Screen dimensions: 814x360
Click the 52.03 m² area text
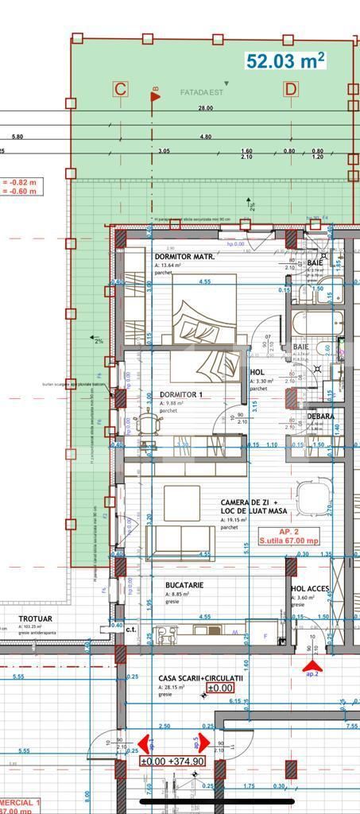(285, 61)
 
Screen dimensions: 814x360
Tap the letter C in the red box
(120, 89)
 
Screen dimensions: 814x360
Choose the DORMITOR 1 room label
(181, 394)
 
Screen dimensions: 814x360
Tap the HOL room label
(257, 372)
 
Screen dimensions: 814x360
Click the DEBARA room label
(320, 417)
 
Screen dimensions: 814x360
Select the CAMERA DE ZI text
(248, 503)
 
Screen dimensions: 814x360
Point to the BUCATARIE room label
(184, 585)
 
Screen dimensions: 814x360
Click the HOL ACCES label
(310, 589)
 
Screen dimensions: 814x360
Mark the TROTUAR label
(36, 618)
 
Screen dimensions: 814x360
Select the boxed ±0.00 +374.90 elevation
(172, 761)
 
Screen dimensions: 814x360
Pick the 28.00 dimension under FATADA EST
(206, 108)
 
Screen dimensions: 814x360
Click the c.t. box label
(131, 628)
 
